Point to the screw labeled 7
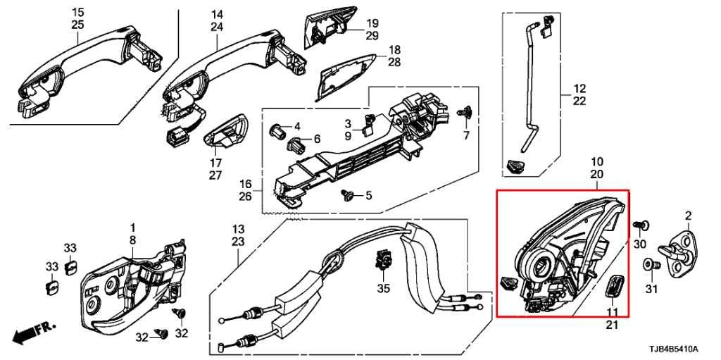[x=464, y=112]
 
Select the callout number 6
[x=316, y=139]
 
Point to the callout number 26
[x=245, y=197]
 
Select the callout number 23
[x=238, y=242]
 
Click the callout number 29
[x=372, y=35]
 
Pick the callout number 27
[x=215, y=175]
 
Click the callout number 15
[x=77, y=13]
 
